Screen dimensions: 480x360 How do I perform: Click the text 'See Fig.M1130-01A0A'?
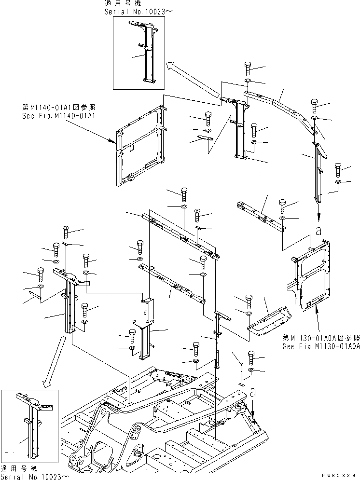click(x=321, y=346)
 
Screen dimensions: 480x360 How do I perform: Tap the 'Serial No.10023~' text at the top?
click(x=134, y=11)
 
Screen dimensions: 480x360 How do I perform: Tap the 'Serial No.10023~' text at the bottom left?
click(x=34, y=476)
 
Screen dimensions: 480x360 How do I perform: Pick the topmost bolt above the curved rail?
click(x=248, y=67)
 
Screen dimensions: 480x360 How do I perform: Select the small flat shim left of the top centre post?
click(x=205, y=139)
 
